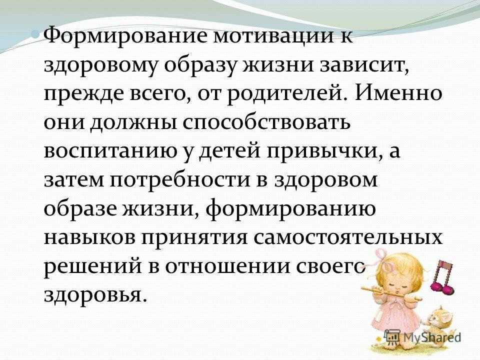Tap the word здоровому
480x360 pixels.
[x=100, y=66]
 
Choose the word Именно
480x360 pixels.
[x=399, y=93]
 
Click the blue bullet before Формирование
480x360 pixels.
[x=36, y=33]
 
